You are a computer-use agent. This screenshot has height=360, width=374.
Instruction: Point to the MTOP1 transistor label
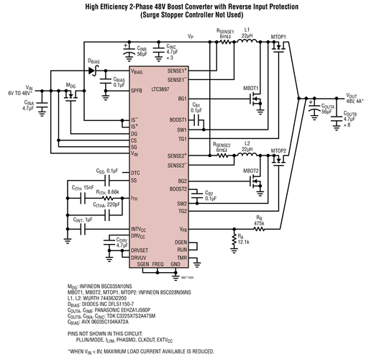click(x=280, y=37)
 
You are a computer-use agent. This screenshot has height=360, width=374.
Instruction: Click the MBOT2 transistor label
click(x=252, y=171)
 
